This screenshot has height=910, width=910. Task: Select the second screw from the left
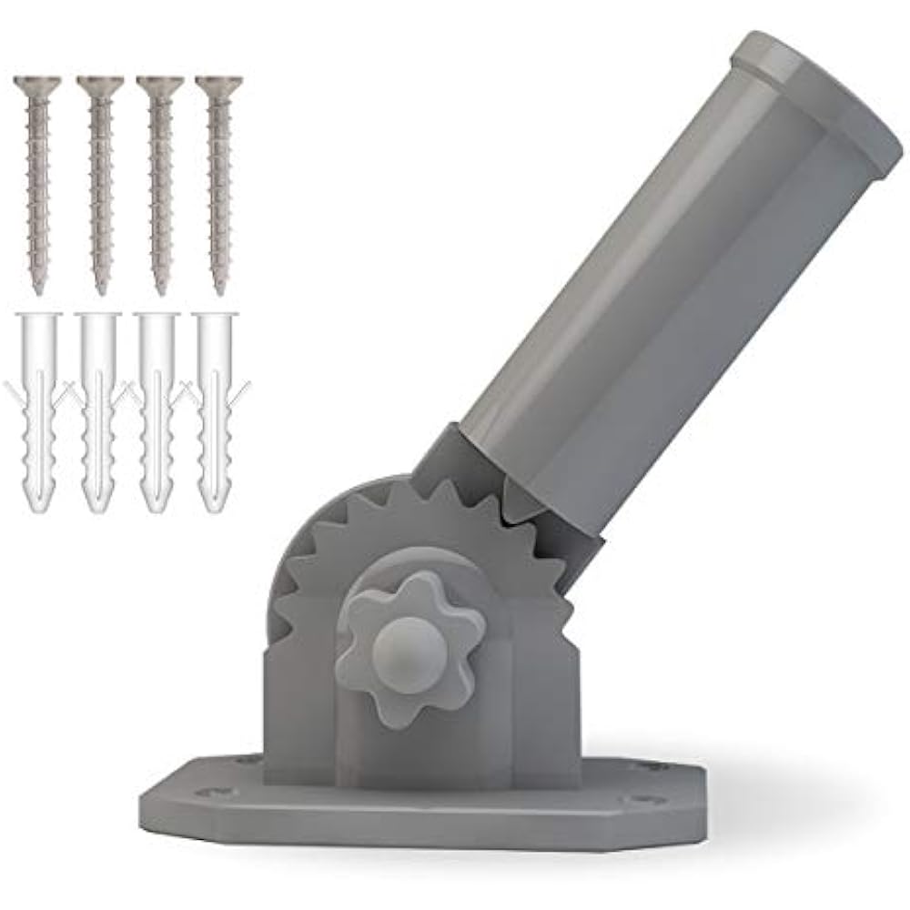tap(99, 182)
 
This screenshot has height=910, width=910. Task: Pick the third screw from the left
tap(160, 182)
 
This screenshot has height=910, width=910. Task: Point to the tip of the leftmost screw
tap(38, 289)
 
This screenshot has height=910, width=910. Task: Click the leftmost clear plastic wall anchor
tap(38, 409)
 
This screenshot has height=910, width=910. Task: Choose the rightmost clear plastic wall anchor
tap(216, 409)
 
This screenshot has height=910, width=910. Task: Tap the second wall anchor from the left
tap(97, 409)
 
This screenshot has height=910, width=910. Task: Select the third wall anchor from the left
tap(157, 409)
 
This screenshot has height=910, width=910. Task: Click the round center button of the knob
tap(409, 644)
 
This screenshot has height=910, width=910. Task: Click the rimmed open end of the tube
tap(819, 100)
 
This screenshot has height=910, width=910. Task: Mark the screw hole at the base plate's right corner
tap(647, 801)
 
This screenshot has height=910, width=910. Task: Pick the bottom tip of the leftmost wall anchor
tap(38, 508)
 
